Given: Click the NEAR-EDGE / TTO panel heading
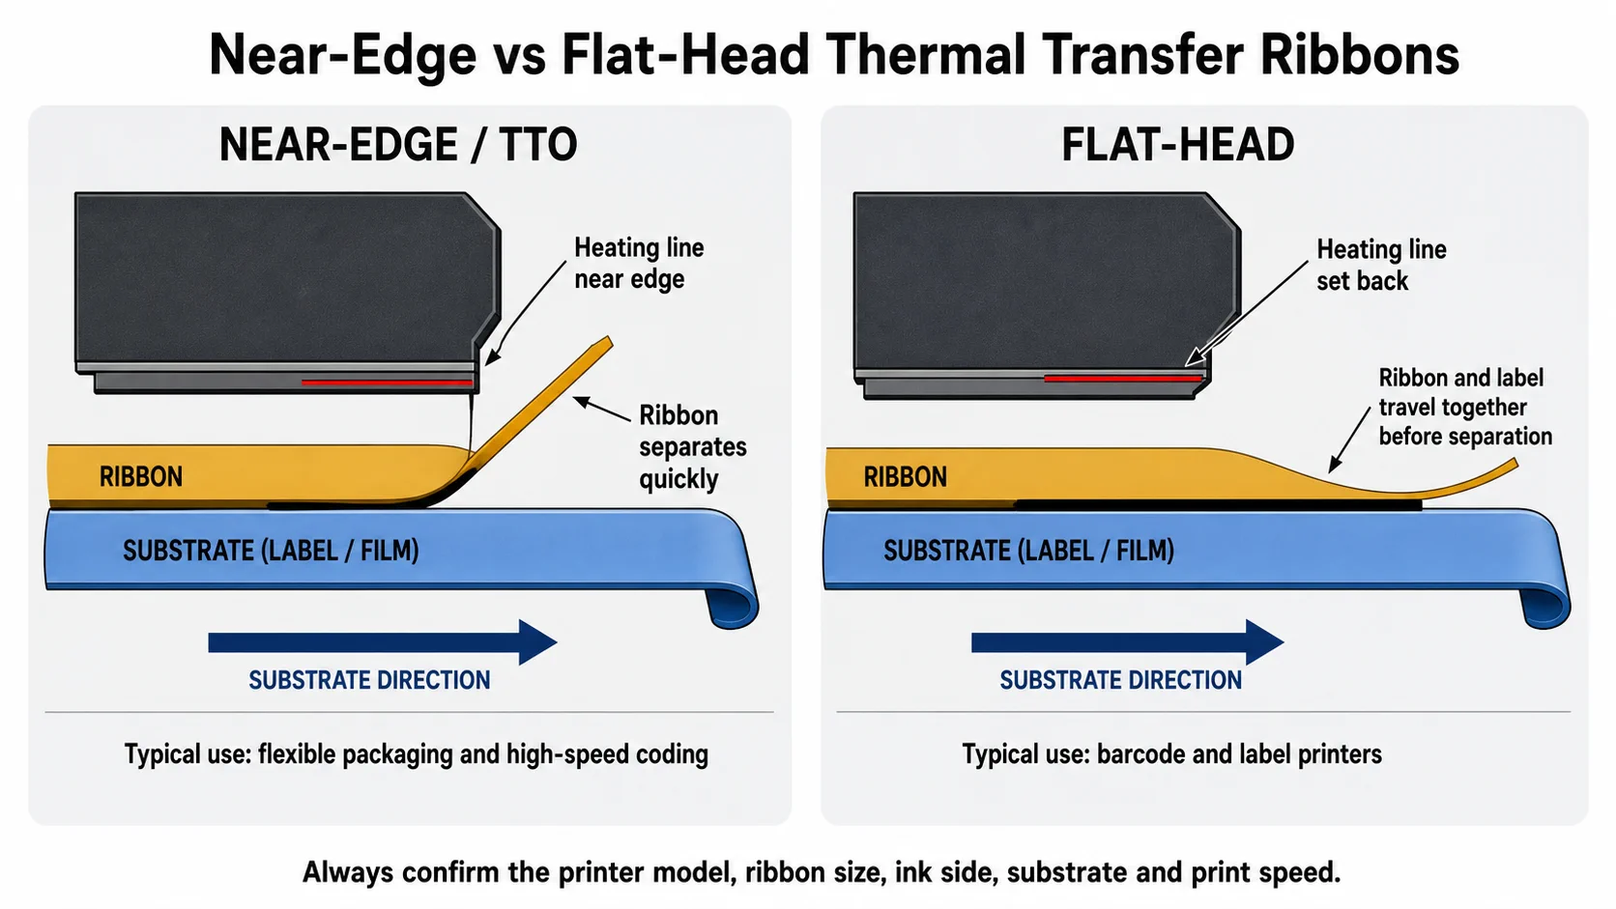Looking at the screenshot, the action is click(x=397, y=145).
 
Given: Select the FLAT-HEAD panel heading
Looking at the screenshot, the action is click(x=1177, y=145).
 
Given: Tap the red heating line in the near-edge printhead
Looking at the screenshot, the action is click(x=387, y=383).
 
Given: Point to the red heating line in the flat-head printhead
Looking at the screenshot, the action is click(x=1122, y=378).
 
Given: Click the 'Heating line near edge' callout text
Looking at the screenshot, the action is click(x=639, y=263).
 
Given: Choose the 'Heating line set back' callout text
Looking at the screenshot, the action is click(x=1381, y=265).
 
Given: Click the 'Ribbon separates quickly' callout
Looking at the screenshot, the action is click(x=693, y=447).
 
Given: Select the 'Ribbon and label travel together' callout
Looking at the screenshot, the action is click(x=1464, y=407).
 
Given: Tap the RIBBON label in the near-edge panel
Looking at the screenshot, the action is click(x=141, y=476).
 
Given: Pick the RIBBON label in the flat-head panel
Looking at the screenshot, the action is click(x=905, y=476).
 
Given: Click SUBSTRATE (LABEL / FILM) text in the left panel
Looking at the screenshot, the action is click(x=271, y=551).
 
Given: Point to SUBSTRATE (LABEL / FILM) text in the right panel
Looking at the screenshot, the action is click(x=1028, y=551).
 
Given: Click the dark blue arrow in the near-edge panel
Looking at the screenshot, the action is click(x=383, y=642).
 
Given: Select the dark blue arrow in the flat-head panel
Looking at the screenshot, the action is click(x=1128, y=642).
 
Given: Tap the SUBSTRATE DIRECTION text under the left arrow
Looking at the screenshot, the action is click(x=369, y=680).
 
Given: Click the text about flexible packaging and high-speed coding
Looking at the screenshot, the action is click(x=417, y=754).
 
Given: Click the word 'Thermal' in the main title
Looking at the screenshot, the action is click(x=926, y=55).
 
